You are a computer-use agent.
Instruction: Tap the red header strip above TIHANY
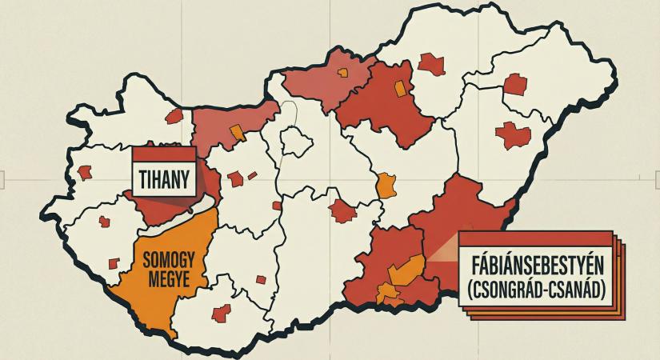[x=163, y=154]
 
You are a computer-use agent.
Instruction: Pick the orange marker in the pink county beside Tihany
[x=235, y=132]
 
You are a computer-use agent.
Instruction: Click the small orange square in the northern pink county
[x=342, y=73]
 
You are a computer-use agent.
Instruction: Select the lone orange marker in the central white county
[x=386, y=185]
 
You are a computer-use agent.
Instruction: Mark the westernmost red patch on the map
[x=85, y=171]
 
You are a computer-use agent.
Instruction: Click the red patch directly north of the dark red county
[x=431, y=63]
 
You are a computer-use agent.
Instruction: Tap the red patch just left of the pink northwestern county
[x=174, y=116]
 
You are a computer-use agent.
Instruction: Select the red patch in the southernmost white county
[x=219, y=313]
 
